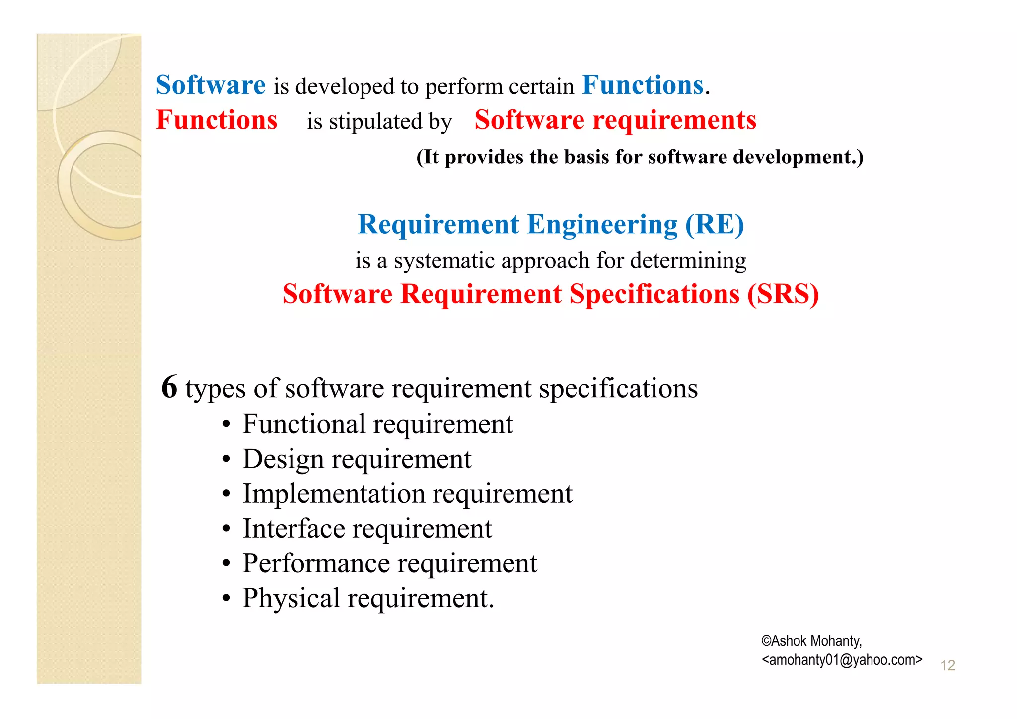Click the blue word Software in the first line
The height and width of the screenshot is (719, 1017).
(211, 85)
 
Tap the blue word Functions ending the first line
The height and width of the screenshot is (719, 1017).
(643, 85)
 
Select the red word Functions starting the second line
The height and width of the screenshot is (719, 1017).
(217, 120)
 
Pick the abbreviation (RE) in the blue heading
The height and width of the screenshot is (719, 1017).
(715, 224)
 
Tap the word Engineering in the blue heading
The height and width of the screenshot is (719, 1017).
(602, 225)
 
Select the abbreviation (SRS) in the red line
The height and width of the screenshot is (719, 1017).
(783, 294)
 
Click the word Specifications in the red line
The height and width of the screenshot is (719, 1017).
(654, 294)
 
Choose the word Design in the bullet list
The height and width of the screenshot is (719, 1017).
(283, 459)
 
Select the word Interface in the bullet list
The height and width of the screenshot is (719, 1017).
(293, 529)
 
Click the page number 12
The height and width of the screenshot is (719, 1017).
(947, 665)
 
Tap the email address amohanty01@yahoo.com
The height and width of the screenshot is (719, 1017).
(842, 660)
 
